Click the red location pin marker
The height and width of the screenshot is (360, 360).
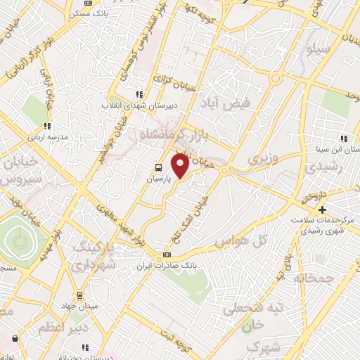pos(179,166)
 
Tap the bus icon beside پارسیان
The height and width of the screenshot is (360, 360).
pos(159,167)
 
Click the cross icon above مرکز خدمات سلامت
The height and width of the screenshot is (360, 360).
pos(322,210)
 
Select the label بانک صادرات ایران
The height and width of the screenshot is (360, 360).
pos(169,265)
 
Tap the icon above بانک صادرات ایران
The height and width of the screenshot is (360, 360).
pos(167,254)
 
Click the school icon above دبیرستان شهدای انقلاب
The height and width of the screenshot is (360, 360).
pos(139,94)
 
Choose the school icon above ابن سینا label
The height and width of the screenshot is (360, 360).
pos(344,139)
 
